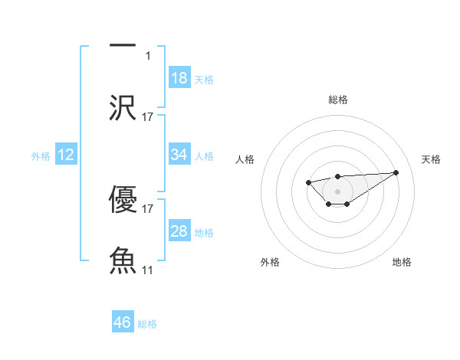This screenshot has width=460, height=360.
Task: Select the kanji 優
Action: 123,198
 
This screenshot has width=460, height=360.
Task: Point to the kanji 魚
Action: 123,260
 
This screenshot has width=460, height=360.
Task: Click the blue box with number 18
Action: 179,78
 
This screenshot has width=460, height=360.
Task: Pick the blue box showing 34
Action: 179,155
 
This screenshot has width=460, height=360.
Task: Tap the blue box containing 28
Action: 179,231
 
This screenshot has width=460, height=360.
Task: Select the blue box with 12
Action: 66,155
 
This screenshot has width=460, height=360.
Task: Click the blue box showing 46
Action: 123,322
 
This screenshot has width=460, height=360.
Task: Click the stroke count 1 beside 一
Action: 149,56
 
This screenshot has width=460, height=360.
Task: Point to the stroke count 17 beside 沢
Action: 148,117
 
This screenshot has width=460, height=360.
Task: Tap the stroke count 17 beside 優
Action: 148,208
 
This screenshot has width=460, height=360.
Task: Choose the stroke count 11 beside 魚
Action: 148,270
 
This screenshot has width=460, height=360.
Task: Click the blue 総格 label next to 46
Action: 147,324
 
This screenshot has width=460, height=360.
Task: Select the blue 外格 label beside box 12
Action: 41,156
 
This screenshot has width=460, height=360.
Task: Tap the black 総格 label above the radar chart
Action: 337,100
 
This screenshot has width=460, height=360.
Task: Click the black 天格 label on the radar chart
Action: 431,159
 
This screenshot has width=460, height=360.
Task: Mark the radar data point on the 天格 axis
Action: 396,172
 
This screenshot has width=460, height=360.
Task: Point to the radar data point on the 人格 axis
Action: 308,182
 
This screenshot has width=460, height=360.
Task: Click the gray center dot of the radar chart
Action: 337,191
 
